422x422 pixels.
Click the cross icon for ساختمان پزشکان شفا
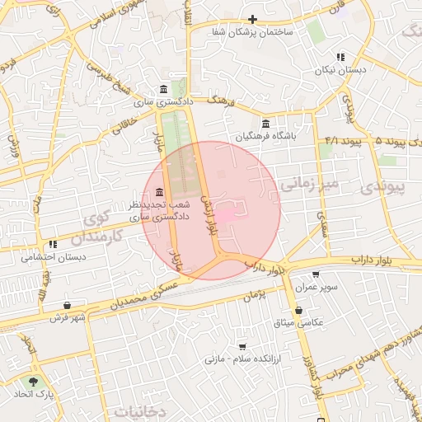click(x=253, y=19)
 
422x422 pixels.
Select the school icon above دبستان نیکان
click(x=340, y=57)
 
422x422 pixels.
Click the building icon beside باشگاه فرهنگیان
click(x=265, y=123)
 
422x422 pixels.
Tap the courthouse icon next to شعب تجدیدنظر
click(x=158, y=192)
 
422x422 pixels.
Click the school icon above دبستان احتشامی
click(x=53, y=244)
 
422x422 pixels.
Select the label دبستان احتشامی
click(x=55, y=257)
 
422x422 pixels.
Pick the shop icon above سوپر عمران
click(x=316, y=274)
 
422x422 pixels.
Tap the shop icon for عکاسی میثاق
click(x=298, y=310)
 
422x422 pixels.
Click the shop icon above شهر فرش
click(x=67, y=305)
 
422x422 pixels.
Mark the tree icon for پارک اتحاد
click(x=33, y=382)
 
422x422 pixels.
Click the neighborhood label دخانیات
click(x=140, y=410)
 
